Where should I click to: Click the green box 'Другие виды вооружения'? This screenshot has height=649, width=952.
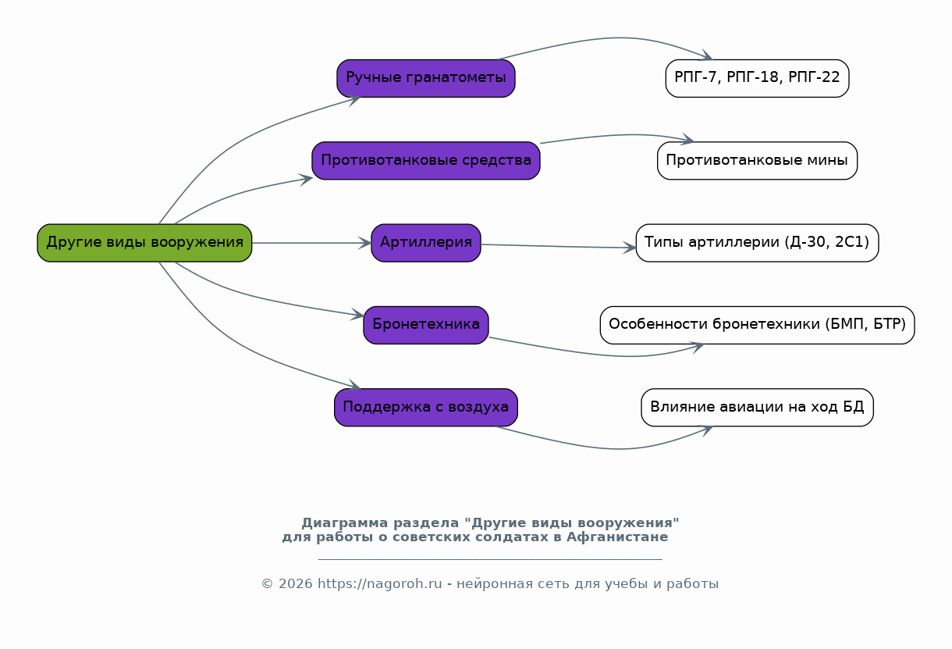(144, 243)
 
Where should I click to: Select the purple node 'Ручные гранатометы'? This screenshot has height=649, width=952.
(426, 78)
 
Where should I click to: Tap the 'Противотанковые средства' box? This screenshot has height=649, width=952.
(426, 161)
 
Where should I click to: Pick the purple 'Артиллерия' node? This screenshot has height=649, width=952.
(426, 243)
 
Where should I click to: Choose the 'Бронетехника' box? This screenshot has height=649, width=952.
(426, 325)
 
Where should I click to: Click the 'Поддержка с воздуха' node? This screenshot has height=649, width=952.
(426, 408)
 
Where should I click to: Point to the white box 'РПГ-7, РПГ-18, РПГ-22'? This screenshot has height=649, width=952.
(757, 78)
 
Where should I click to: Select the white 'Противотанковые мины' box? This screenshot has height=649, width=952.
(757, 161)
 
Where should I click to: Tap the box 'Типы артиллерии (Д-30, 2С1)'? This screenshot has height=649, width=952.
(757, 243)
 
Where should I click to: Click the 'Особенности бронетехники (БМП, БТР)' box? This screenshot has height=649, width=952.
(757, 325)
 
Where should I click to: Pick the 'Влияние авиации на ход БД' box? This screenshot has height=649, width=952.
(757, 408)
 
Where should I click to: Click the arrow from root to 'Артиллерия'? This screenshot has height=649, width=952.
(311, 243)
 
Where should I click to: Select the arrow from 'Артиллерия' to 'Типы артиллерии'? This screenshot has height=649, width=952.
(559, 246)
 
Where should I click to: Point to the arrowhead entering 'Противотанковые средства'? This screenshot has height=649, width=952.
(306, 180)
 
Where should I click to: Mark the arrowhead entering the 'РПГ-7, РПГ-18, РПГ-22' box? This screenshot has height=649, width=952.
(706, 55)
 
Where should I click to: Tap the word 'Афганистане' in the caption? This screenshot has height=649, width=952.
(617, 537)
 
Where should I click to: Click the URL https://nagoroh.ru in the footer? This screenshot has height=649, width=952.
(379, 583)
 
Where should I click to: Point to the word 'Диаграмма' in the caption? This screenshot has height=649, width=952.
(345, 523)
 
